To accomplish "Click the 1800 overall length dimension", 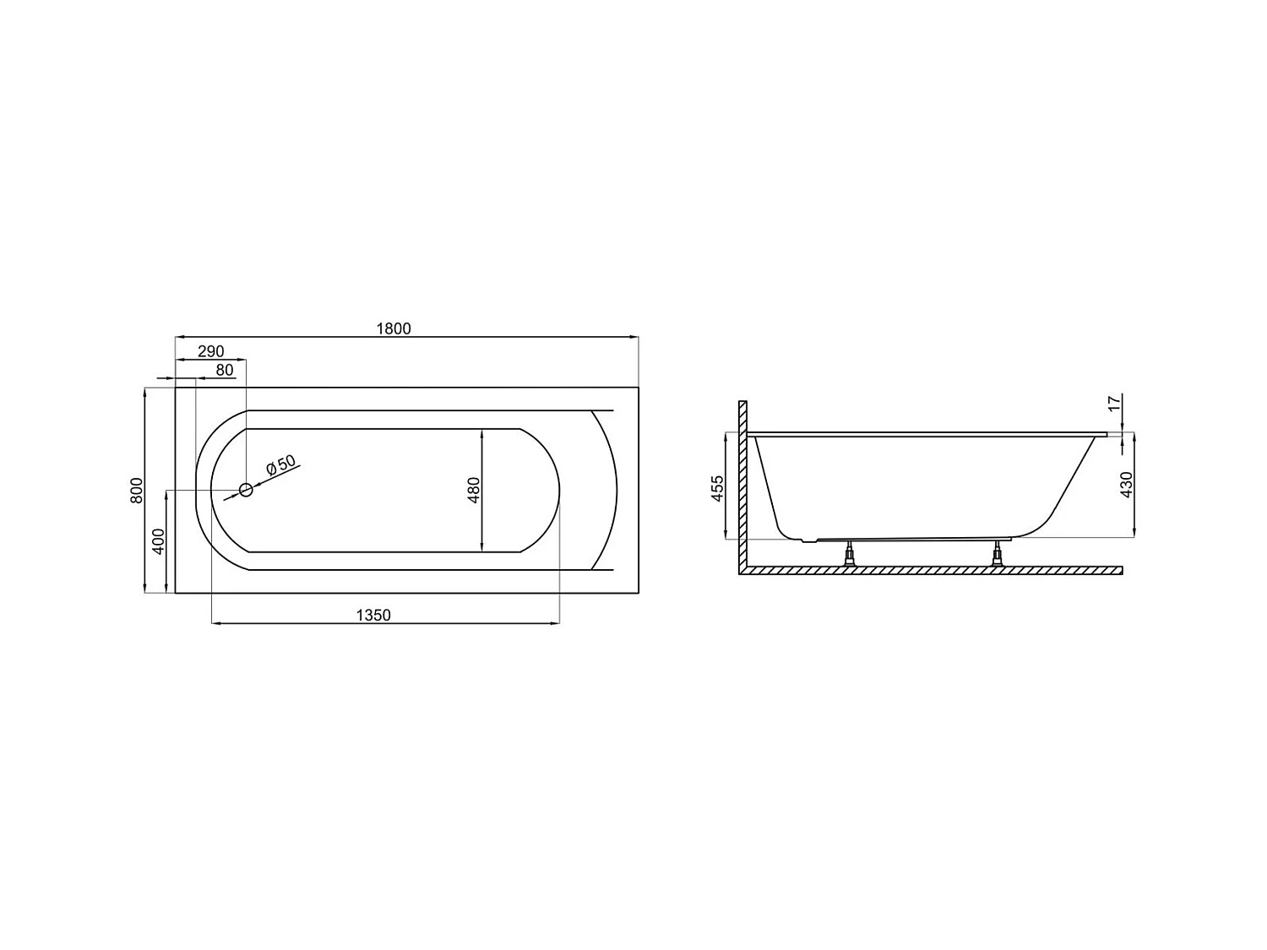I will (x=394, y=328).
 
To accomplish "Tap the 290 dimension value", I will (x=210, y=351).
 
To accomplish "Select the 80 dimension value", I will (x=225, y=370).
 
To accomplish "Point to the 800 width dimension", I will (x=137, y=491).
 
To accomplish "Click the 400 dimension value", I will (x=158, y=541).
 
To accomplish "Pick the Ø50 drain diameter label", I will (x=280, y=466).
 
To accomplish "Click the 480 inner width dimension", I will (x=473, y=491).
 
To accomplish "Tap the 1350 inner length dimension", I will (x=373, y=616).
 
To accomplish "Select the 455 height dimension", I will (x=717, y=489).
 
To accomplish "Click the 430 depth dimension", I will (x=1125, y=485).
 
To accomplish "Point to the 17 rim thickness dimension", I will (x=1113, y=403).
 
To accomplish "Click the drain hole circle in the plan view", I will (x=246, y=490).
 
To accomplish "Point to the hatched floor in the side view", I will (x=929, y=571).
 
